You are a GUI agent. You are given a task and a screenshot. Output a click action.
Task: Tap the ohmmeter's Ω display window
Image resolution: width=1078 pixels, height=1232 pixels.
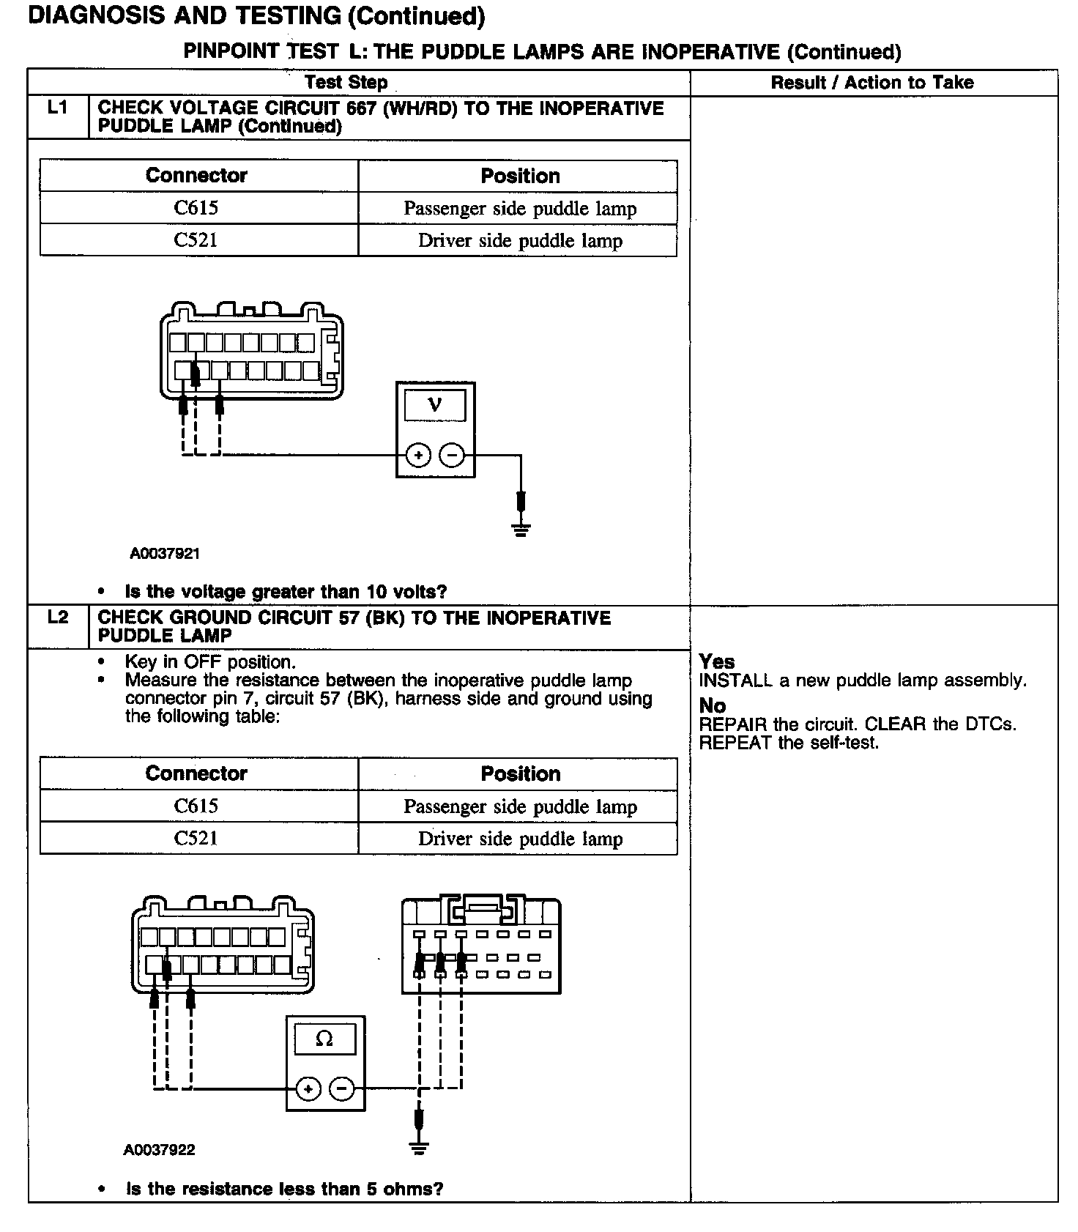[324, 1039]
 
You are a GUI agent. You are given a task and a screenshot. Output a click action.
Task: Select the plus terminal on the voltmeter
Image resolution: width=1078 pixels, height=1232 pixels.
[418, 456]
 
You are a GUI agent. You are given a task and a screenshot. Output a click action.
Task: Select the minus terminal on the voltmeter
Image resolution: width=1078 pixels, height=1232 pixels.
[452, 456]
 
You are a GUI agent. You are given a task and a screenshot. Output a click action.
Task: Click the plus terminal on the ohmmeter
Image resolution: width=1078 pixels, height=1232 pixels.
[308, 1089]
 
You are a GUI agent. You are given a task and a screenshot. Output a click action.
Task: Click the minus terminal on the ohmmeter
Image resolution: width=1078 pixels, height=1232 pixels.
[342, 1089]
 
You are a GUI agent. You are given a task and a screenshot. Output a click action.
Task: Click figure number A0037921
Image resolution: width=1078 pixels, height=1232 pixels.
[165, 554]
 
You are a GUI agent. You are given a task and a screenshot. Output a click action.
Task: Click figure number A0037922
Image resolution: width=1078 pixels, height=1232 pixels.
[159, 1150]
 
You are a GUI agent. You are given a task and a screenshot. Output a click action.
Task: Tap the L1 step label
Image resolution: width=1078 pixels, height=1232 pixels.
[58, 108]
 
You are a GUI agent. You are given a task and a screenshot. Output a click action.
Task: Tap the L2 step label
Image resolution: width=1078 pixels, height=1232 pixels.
[58, 617]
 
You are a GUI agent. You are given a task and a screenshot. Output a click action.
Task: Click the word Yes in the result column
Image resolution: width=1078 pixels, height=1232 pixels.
[717, 661]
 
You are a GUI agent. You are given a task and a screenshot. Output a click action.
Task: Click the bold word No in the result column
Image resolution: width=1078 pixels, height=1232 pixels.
[713, 705]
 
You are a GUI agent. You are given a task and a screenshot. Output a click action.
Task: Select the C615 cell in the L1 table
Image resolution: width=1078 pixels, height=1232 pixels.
[196, 208]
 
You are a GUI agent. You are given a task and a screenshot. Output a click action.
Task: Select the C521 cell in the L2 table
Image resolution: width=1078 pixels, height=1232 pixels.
[196, 838]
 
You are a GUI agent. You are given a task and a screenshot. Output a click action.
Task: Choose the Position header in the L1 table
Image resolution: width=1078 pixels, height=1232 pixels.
[520, 176]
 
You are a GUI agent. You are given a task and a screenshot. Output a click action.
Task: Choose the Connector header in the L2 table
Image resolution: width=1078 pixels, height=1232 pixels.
[196, 773]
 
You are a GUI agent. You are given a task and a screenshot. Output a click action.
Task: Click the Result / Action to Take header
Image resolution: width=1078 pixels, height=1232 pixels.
[872, 83]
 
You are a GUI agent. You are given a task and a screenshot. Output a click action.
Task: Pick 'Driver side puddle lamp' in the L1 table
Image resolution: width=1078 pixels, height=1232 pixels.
[520, 240]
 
